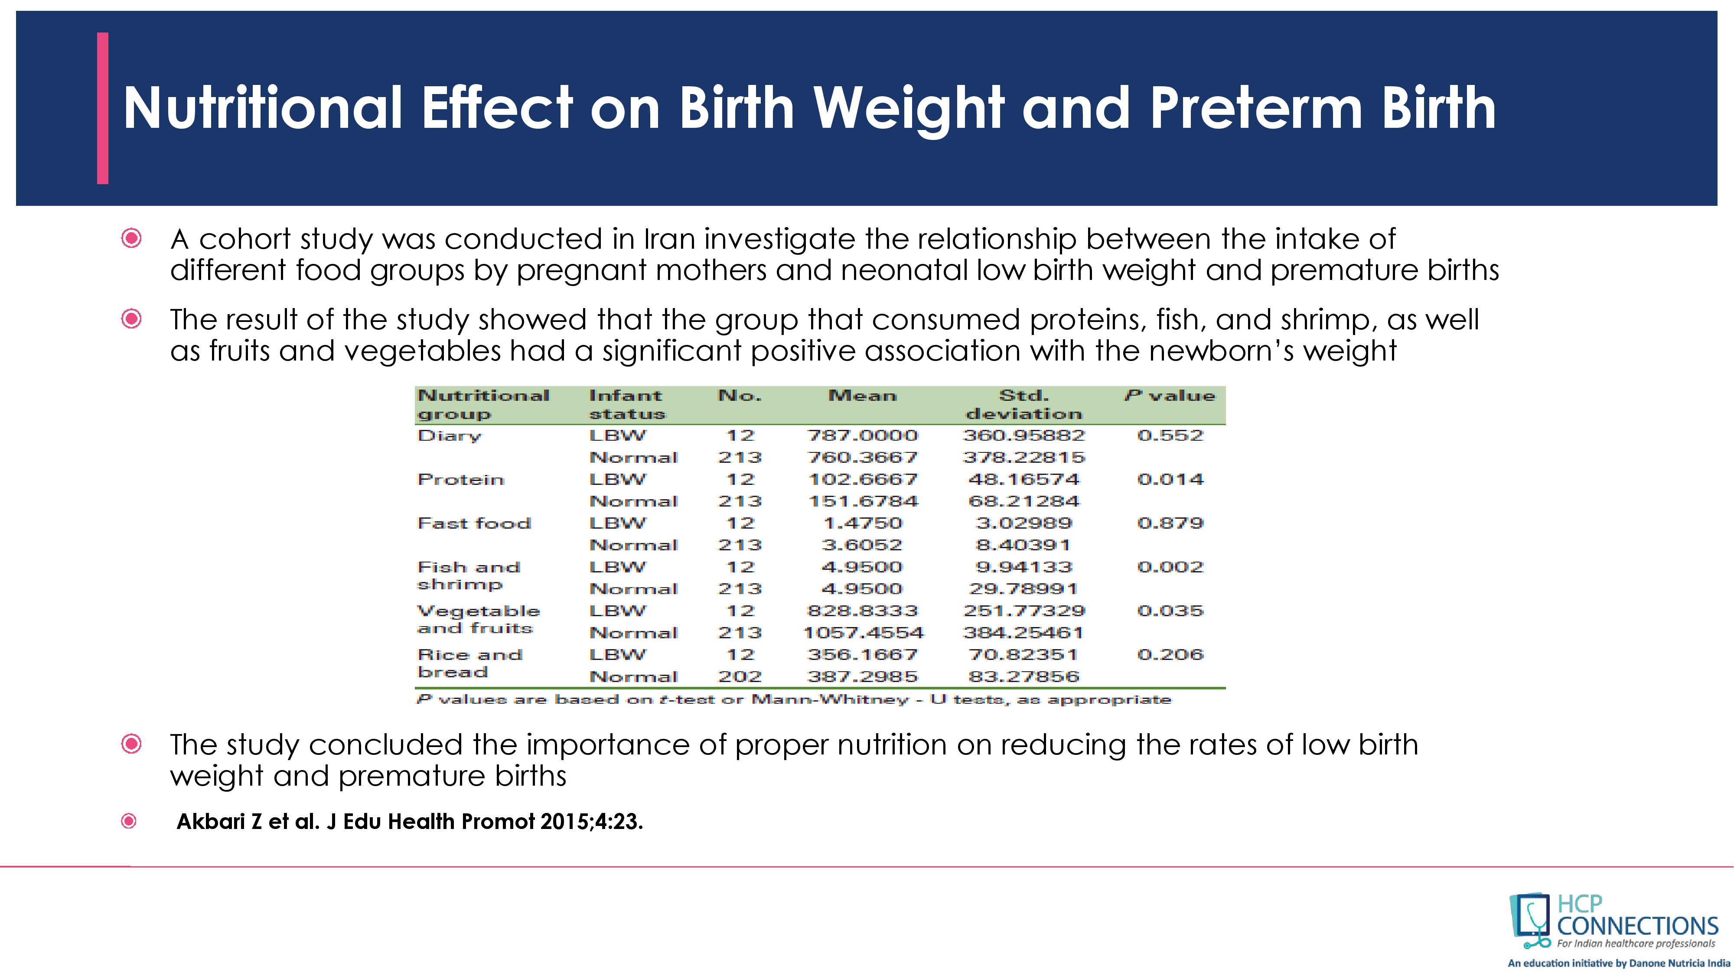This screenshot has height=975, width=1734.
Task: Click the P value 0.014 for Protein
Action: tap(1170, 480)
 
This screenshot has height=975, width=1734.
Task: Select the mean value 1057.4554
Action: tap(864, 633)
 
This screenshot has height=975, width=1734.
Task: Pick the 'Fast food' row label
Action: tap(474, 523)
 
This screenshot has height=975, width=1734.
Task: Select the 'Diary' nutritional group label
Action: tap(449, 436)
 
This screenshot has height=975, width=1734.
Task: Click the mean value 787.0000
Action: tap(862, 436)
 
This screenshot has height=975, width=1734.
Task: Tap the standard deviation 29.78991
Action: tap(1023, 589)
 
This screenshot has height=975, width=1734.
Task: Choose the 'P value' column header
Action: tap(1170, 396)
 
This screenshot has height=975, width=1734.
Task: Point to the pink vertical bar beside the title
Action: tap(102, 107)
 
